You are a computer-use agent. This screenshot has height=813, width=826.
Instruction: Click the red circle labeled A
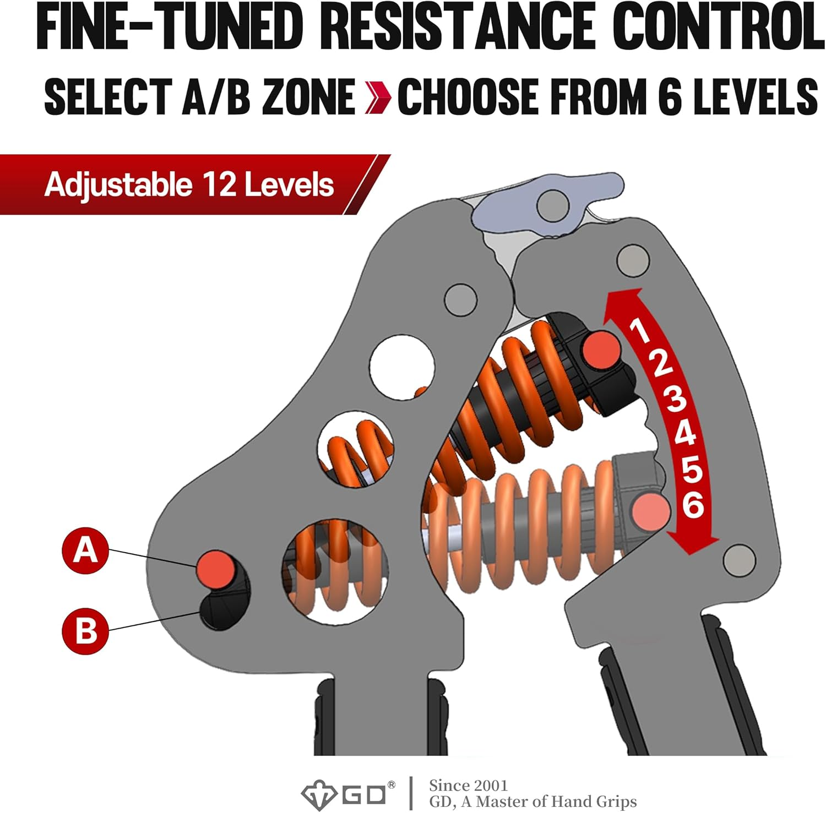click(x=85, y=550)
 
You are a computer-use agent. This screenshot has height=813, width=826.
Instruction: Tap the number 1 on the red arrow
click(x=640, y=330)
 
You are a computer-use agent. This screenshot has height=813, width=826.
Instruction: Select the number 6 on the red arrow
click(x=693, y=504)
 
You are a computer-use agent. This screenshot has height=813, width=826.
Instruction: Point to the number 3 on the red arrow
click(x=676, y=398)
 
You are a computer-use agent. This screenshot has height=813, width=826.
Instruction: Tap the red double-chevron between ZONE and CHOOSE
click(x=378, y=97)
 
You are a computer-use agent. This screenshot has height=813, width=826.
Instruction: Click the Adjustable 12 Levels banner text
click(x=189, y=184)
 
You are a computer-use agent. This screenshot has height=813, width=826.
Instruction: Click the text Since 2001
click(x=468, y=785)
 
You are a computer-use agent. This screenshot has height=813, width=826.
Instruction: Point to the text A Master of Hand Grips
click(x=551, y=801)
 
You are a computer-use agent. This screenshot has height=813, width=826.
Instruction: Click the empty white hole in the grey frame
click(x=402, y=368)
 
